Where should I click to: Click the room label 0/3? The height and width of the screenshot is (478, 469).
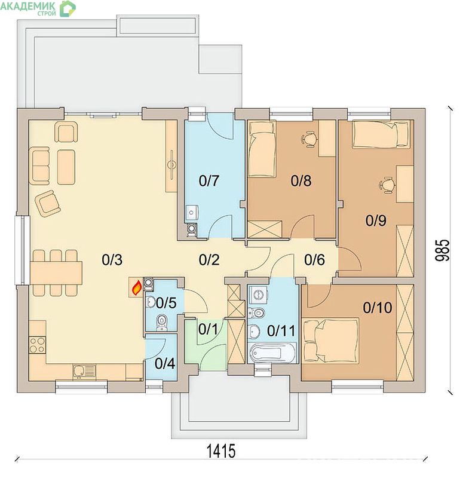[x=112, y=260]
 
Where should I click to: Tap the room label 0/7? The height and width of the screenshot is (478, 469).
[x=209, y=181]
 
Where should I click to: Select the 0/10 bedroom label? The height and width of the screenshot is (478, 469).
[x=377, y=308]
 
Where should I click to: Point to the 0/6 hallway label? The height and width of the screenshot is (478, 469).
[x=314, y=260]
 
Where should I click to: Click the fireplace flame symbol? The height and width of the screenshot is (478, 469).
[x=136, y=288]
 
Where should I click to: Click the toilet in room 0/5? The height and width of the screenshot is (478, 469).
[x=161, y=323]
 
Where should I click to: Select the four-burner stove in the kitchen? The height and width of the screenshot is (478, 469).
[x=37, y=345]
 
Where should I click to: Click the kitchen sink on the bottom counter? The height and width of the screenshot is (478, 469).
[x=84, y=371]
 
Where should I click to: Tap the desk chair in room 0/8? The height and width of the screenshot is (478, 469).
[x=310, y=139]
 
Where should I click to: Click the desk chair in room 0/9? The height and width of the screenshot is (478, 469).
[x=387, y=185]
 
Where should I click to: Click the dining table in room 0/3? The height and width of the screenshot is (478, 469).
[x=56, y=272]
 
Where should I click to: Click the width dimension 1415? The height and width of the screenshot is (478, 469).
[x=221, y=451]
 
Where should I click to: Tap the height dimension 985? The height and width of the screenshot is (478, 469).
[x=442, y=250]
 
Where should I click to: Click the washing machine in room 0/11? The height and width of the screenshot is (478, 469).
[x=258, y=295]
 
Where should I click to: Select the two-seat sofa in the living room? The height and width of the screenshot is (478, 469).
[x=41, y=166]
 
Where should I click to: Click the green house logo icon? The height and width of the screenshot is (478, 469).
[x=68, y=8]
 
